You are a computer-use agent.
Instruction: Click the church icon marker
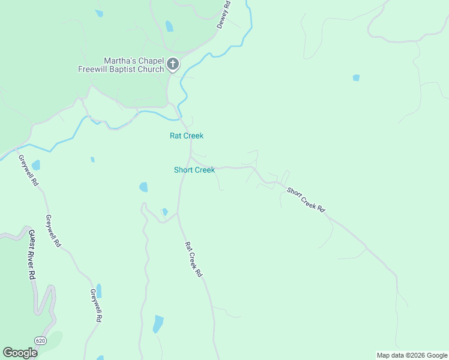(x=173, y=64)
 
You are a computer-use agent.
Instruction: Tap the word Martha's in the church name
(x=118, y=61)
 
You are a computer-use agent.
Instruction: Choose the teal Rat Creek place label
(x=187, y=136)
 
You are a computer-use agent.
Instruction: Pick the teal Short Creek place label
(x=194, y=170)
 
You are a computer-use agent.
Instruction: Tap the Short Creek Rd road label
(x=306, y=200)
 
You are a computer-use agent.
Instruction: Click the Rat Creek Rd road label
(x=193, y=259)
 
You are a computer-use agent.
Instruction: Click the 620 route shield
(x=40, y=341)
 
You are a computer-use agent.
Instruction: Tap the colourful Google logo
(x=20, y=353)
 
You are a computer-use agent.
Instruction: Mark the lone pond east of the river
(x=357, y=77)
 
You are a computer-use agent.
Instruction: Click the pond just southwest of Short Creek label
(x=143, y=187)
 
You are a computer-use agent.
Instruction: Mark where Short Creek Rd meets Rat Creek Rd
(x=191, y=159)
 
